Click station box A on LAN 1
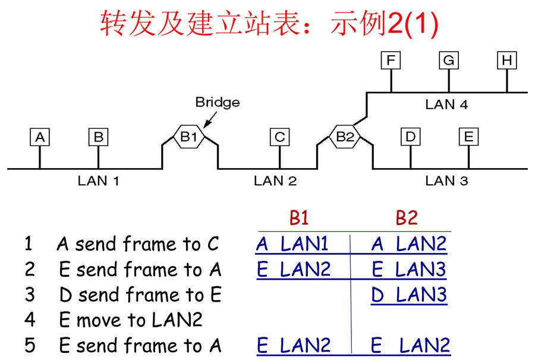[x=40, y=137]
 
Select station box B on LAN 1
[x=98, y=137]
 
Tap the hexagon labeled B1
[x=188, y=137]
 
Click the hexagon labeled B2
[x=344, y=137]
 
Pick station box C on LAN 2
[x=279, y=137]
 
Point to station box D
[x=410, y=137]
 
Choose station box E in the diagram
[x=468, y=137]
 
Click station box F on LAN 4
[x=391, y=61]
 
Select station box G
[x=449, y=61]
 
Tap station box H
[x=506, y=61]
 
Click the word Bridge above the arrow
[x=217, y=102]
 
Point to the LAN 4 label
[x=446, y=105]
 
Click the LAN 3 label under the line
[x=446, y=181]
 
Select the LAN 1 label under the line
[x=98, y=181]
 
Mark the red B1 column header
[x=299, y=218]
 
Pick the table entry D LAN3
[x=408, y=295]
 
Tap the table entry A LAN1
[x=292, y=244]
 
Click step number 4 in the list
[x=30, y=320]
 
